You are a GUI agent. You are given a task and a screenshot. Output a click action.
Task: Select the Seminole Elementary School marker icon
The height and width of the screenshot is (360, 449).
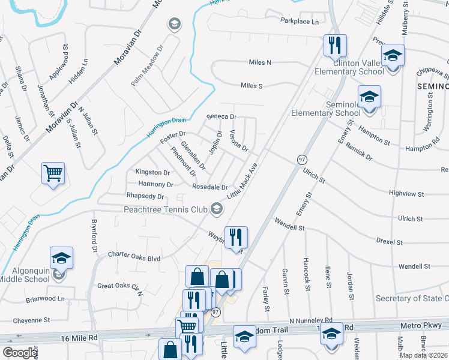pyautogui.click(x=369, y=96)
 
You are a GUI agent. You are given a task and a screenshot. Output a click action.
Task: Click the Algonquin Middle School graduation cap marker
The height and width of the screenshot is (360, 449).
pyautogui.click(x=61, y=258)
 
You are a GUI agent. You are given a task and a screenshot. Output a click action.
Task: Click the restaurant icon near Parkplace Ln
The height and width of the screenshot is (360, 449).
pyautogui.click(x=333, y=44)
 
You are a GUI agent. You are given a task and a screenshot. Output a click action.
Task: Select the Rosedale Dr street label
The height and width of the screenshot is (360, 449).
pyautogui.click(x=209, y=187)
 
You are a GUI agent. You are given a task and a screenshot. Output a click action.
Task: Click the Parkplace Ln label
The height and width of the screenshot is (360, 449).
pyautogui.click(x=300, y=21)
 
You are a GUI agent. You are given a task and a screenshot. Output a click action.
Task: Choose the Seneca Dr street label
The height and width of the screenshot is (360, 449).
pyautogui.click(x=221, y=116)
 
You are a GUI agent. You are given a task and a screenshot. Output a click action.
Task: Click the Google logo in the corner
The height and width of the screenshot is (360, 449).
pyautogui.click(x=20, y=353)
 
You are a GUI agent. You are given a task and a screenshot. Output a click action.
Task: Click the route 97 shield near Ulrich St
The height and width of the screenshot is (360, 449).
pyautogui.click(x=302, y=159)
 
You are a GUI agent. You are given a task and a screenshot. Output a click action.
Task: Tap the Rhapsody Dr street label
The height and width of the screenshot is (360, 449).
pyautogui.click(x=145, y=196)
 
